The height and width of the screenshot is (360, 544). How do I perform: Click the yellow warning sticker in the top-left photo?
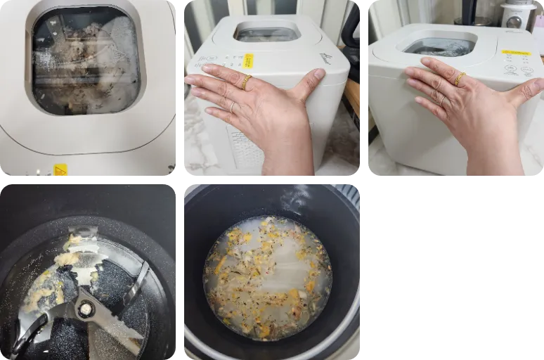click(x=60, y=170)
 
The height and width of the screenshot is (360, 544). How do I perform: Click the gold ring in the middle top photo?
click(x=246, y=82)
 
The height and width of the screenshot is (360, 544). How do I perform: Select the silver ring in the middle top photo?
click(x=233, y=107)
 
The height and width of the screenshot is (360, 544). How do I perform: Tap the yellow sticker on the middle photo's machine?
click(x=248, y=61)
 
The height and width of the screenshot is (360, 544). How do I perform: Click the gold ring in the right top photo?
click(x=460, y=79)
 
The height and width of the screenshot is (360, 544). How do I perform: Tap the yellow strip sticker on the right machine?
click(x=516, y=52)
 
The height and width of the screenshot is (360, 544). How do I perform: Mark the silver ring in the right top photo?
click(x=442, y=99)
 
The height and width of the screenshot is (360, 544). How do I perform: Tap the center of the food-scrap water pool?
click(x=267, y=278)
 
